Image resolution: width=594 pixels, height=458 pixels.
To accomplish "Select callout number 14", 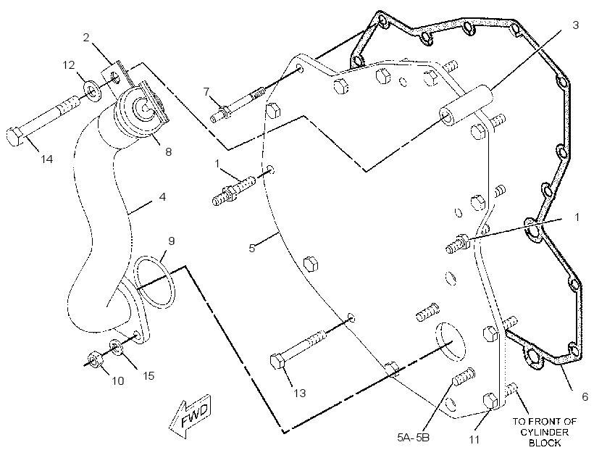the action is (47, 159).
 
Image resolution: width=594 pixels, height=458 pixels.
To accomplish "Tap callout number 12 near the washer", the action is (69, 65).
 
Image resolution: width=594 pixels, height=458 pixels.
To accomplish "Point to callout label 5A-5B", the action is (414, 438).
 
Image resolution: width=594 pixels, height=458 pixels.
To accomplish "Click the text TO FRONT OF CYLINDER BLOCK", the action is (544, 432).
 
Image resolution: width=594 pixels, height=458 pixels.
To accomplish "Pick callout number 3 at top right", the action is (575, 25).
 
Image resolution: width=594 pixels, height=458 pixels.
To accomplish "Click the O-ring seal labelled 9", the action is (155, 280).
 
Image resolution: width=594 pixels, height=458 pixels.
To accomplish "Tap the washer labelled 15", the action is (116, 347).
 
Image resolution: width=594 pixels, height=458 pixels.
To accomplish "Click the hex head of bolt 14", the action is (14, 137).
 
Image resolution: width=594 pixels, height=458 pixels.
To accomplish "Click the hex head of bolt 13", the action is (277, 361).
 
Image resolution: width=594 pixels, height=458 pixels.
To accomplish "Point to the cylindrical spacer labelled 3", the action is (467, 104).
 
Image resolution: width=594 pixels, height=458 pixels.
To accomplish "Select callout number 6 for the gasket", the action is (585, 396).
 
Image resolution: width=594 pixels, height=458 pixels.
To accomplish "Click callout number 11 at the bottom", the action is (474, 439).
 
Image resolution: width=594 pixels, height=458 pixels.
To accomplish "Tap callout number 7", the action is (206, 92).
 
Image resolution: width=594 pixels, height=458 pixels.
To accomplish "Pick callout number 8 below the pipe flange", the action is (169, 151).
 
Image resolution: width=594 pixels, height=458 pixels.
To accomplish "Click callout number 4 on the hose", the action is (162, 196).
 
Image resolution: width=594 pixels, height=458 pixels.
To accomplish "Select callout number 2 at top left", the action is (86, 38).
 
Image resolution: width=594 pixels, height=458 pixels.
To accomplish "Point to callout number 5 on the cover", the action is (252, 248).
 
